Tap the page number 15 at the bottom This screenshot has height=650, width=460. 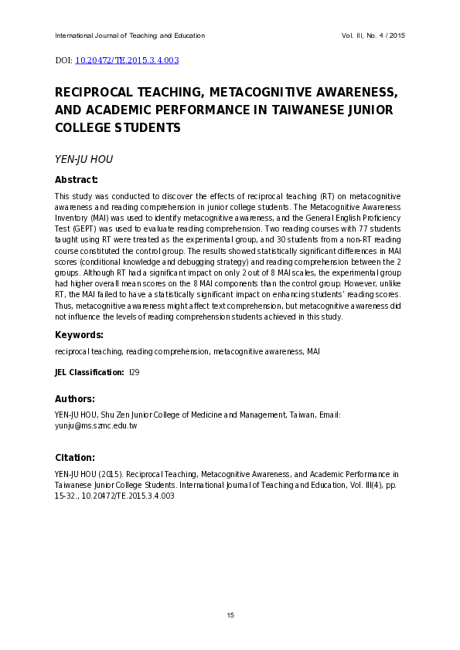[x=230, y=614]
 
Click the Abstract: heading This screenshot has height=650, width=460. [x=76, y=180]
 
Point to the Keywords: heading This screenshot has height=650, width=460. [x=79, y=335]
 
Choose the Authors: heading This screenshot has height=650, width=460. [x=75, y=399]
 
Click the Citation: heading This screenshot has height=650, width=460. [x=75, y=457]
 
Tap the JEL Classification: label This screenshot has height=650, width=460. [x=89, y=372]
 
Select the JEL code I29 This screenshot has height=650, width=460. [x=134, y=372]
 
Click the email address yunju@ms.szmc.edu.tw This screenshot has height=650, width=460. [x=96, y=425]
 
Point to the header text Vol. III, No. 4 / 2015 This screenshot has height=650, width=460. [x=373, y=36]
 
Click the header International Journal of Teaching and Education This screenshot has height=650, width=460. [x=130, y=36]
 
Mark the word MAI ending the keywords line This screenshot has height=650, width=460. [x=313, y=351]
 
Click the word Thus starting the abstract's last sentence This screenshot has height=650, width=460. [x=63, y=305]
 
